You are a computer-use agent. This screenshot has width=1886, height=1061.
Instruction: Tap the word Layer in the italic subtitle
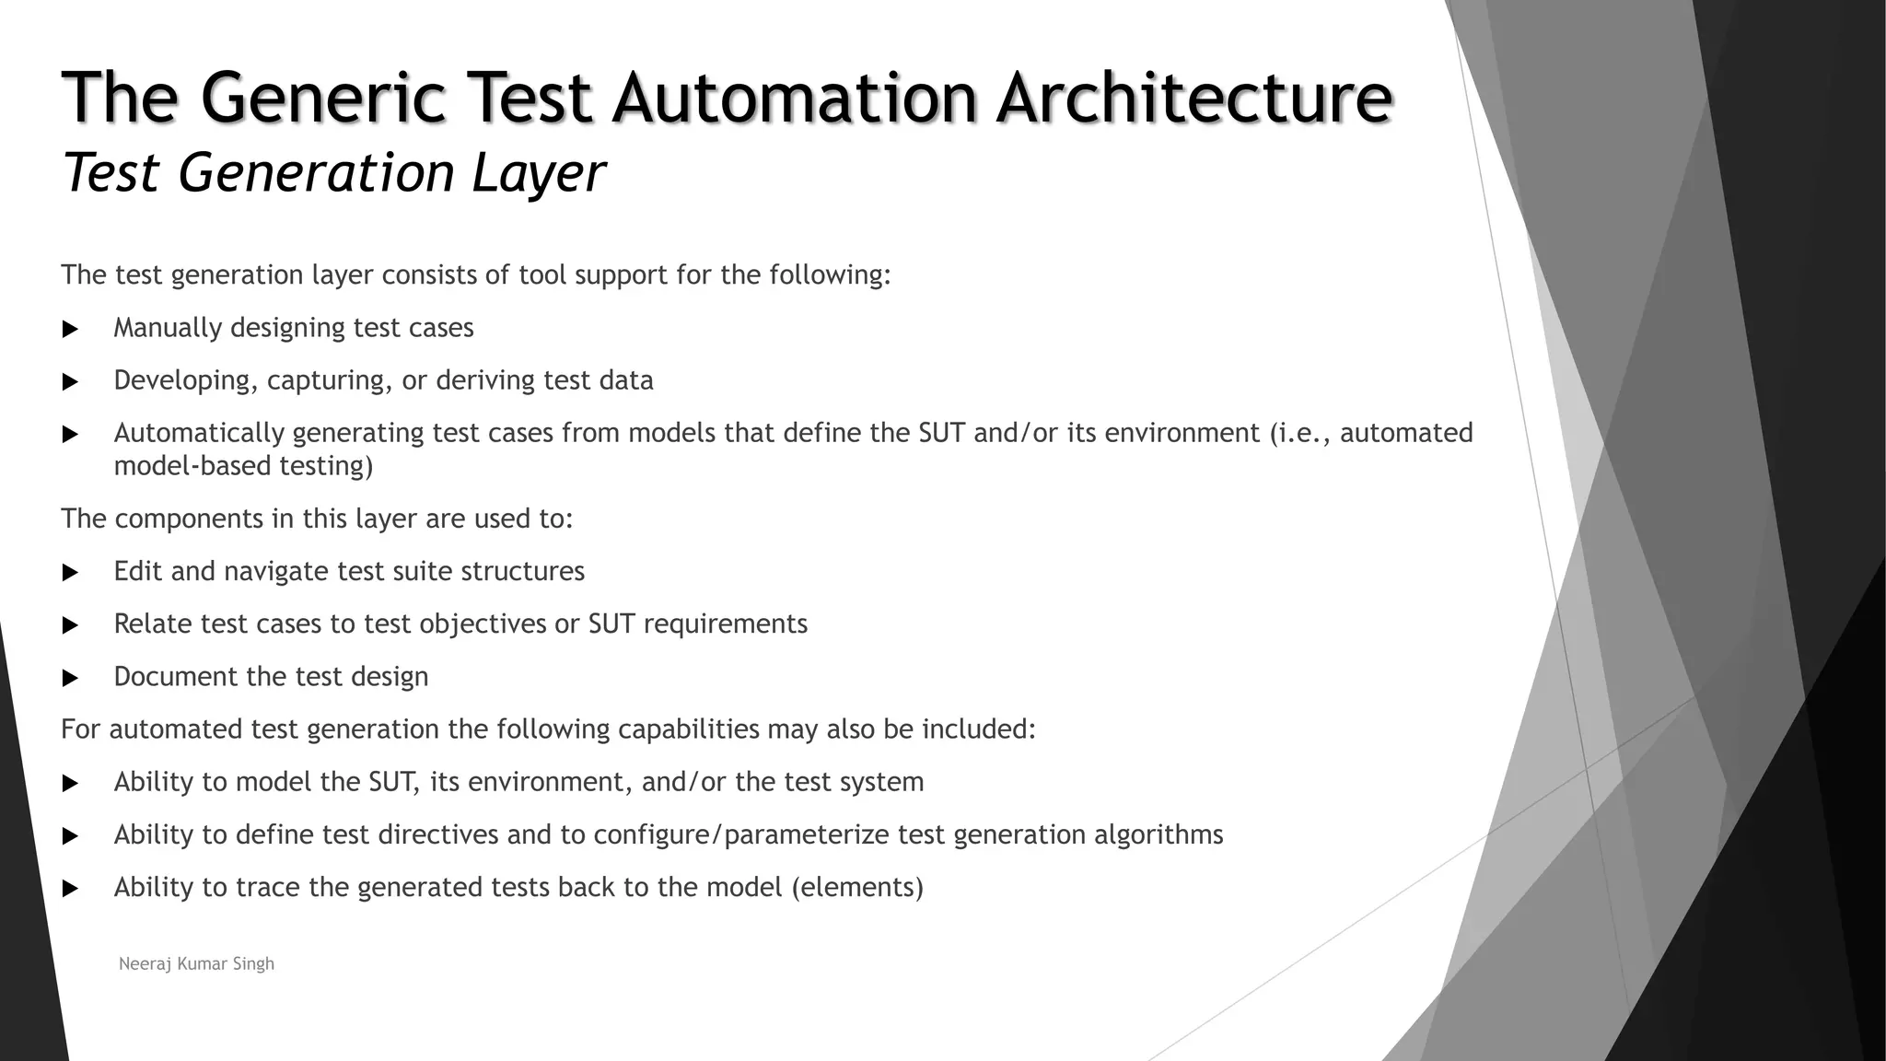coord(539,172)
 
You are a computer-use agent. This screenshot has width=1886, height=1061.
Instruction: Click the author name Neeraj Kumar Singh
coord(196,963)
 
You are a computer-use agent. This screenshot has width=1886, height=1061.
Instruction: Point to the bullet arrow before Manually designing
coord(70,329)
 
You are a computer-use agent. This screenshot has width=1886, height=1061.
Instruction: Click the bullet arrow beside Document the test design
coord(70,678)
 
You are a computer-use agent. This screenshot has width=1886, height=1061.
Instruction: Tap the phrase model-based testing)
coord(243,466)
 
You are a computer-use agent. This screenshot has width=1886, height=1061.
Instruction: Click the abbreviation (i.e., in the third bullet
coord(1300,433)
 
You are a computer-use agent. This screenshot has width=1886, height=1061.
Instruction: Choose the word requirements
coord(725,624)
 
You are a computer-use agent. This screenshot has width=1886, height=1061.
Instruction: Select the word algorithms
coord(1158,835)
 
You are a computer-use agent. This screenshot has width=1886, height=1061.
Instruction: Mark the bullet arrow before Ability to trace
coord(70,889)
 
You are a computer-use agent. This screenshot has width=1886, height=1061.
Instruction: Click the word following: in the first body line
coord(830,275)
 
